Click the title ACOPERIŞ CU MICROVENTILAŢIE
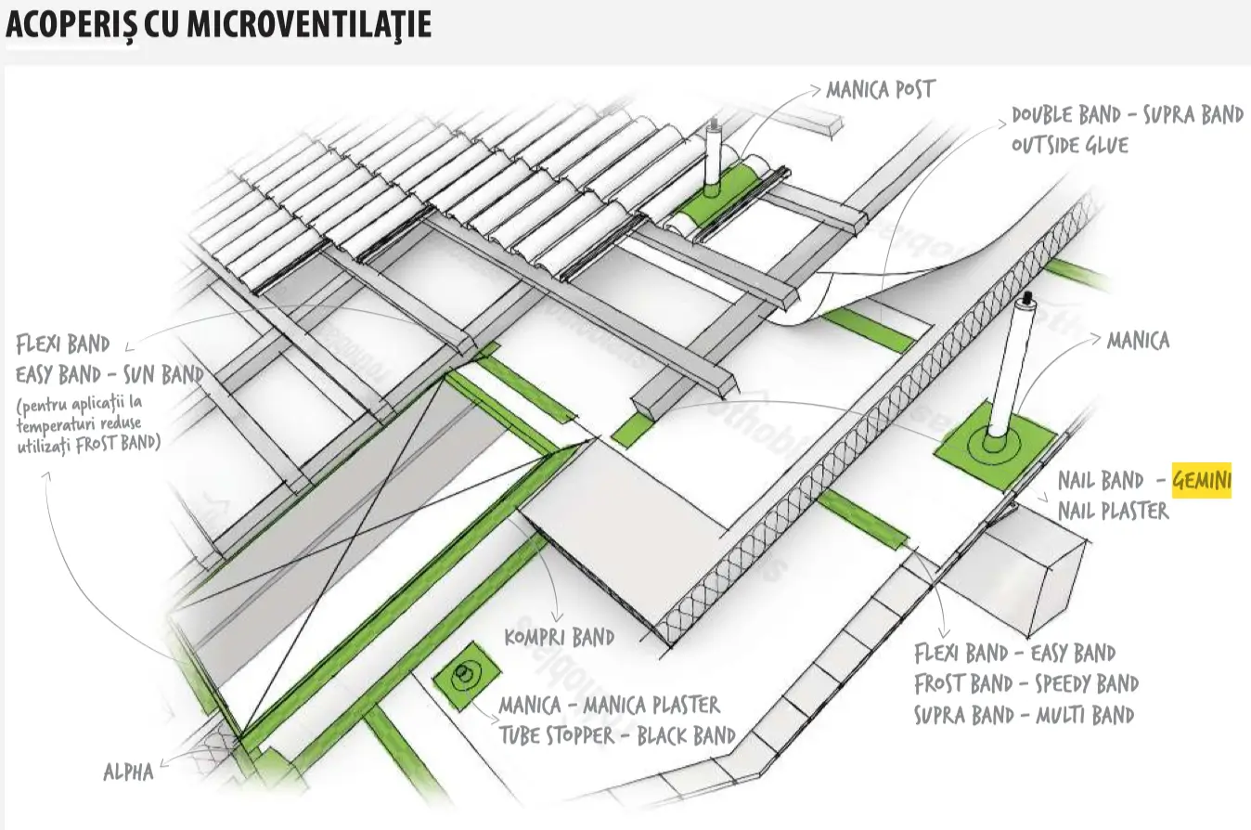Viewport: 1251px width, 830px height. point(219,25)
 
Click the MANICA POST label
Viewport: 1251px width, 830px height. point(880,90)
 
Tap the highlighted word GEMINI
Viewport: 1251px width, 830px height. point(1202,481)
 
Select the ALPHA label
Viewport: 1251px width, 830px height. point(128,772)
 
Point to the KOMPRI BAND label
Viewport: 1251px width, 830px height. point(559,637)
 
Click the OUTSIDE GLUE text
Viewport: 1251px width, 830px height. point(1069,145)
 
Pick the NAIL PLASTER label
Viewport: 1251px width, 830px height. point(1113,511)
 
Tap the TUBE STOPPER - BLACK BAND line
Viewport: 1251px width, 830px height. point(617,735)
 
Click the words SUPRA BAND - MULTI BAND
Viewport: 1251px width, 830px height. point(1023,715)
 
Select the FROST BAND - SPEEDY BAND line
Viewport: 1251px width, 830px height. point(1025,684)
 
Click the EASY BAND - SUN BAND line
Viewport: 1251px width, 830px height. point(110,375)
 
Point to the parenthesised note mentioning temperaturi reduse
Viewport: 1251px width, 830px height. point(89,424)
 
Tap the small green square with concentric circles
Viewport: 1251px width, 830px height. point(463,675)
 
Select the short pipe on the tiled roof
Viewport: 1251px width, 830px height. point(714,158)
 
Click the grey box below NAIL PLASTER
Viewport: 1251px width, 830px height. point(1034,565)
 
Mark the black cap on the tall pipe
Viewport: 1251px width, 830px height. point(1026,299)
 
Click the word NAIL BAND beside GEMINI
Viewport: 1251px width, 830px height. point(1100,481)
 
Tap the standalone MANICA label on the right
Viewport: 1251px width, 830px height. point(1138,341)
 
